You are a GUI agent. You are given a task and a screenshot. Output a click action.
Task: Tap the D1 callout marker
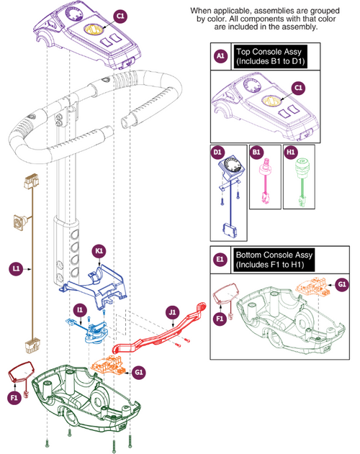click(x=218, y=153)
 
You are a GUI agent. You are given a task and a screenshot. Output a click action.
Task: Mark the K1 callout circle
click(x=99, y=250)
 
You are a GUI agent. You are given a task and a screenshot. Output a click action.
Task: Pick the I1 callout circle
click(x=80, y=309)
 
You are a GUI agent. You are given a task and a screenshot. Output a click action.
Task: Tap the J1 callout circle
click(x=172, y=313)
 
